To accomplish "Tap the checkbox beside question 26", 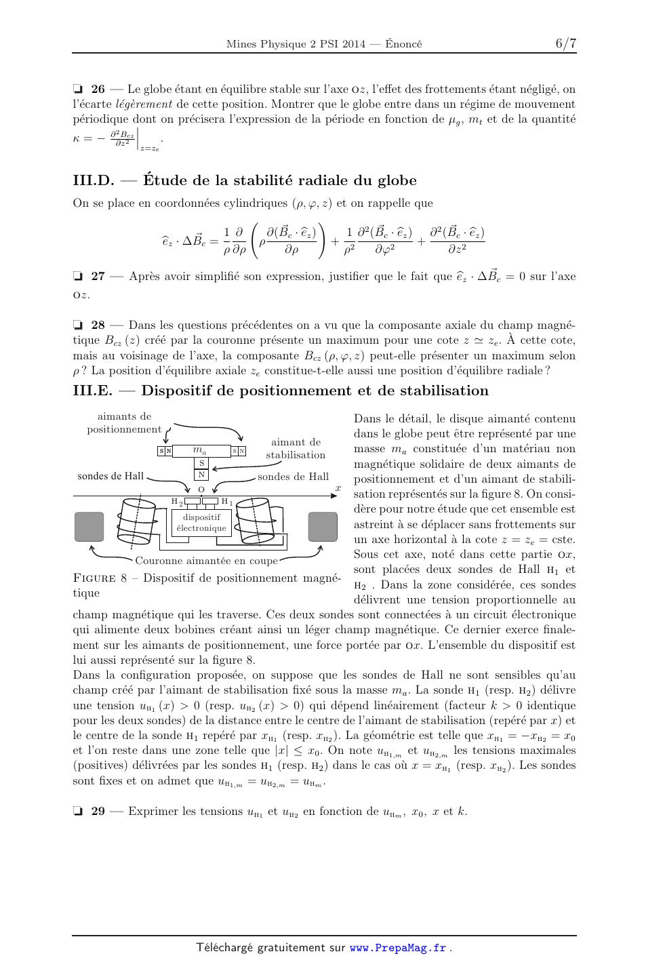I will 78,89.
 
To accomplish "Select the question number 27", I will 98,277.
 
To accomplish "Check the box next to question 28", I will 78,325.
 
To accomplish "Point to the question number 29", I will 98,812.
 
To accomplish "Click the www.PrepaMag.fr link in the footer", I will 398,949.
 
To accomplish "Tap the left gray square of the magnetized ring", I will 89,527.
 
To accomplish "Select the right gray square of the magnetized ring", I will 323,527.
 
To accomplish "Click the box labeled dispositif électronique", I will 201,522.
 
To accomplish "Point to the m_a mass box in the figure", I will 201,451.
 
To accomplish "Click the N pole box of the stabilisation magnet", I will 201,475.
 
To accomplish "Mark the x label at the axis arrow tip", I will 338,488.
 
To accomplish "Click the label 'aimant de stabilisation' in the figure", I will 296,449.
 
